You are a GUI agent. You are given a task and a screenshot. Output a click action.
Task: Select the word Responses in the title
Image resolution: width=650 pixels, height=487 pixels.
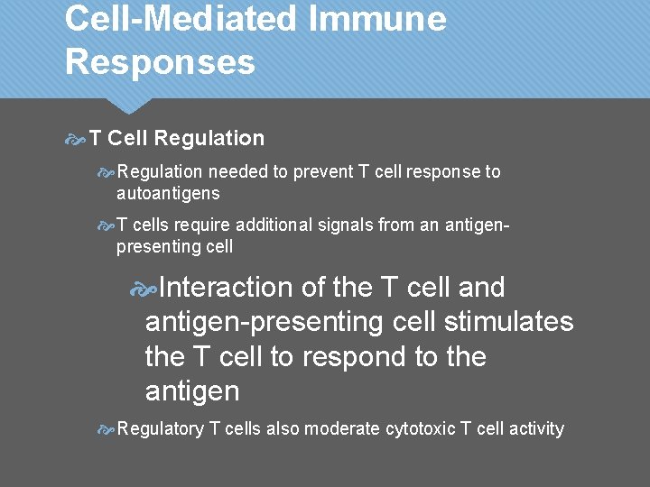(x=160, y=63)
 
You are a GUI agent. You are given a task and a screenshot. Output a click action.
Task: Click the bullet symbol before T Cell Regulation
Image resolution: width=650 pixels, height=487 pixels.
(x=76, y=139)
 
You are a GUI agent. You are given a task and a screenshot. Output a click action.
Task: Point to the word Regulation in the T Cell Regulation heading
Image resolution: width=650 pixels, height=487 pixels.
(x=209, y=139)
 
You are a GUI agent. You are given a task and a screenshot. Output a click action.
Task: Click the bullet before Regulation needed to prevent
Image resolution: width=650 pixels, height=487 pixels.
(x=106, y=171)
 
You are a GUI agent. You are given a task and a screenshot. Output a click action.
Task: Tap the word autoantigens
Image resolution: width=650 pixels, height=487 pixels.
(x=168, y=193)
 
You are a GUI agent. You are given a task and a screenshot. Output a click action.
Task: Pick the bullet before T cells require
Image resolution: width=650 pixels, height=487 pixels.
(x=106, y=225)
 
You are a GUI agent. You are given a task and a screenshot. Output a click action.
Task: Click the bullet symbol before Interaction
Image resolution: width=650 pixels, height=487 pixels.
(x=144, y=289)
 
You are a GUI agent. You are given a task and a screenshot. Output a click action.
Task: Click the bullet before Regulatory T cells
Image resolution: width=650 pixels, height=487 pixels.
(x=106, y=430)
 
